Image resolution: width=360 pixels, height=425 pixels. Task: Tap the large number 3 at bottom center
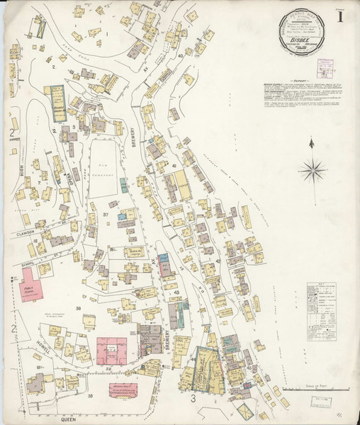[x=192, y=399]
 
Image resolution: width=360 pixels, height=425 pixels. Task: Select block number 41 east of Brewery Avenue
[x=174, y=164]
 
